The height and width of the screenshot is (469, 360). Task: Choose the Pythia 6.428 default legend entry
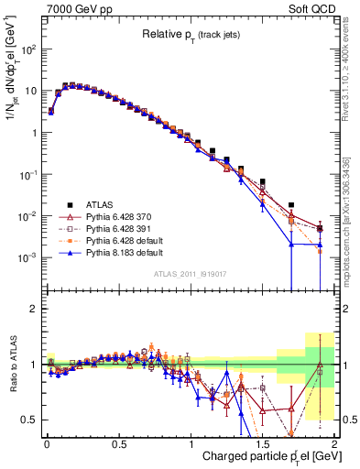pos(115,240)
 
